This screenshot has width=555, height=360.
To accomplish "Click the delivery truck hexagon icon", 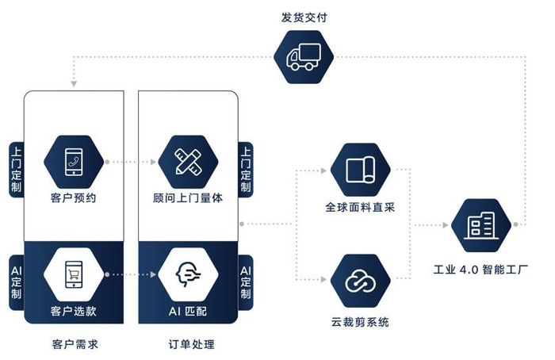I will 304,57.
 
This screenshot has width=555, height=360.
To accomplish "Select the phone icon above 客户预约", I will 75,161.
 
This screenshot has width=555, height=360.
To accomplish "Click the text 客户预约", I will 75,198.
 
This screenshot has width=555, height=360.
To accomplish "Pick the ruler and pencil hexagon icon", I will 188,161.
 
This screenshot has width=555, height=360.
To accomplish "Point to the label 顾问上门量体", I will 188,198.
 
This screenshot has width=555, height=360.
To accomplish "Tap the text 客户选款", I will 75,311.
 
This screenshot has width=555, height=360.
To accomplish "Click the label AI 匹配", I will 188,311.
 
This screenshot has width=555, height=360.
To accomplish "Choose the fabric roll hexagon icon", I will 360,170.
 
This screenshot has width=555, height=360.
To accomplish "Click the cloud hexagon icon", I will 360,279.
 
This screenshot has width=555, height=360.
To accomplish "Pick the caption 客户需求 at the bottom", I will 75,345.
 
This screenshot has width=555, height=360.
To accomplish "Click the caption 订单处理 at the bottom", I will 188,345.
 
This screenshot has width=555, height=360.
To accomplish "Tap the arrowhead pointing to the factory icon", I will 446,226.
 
